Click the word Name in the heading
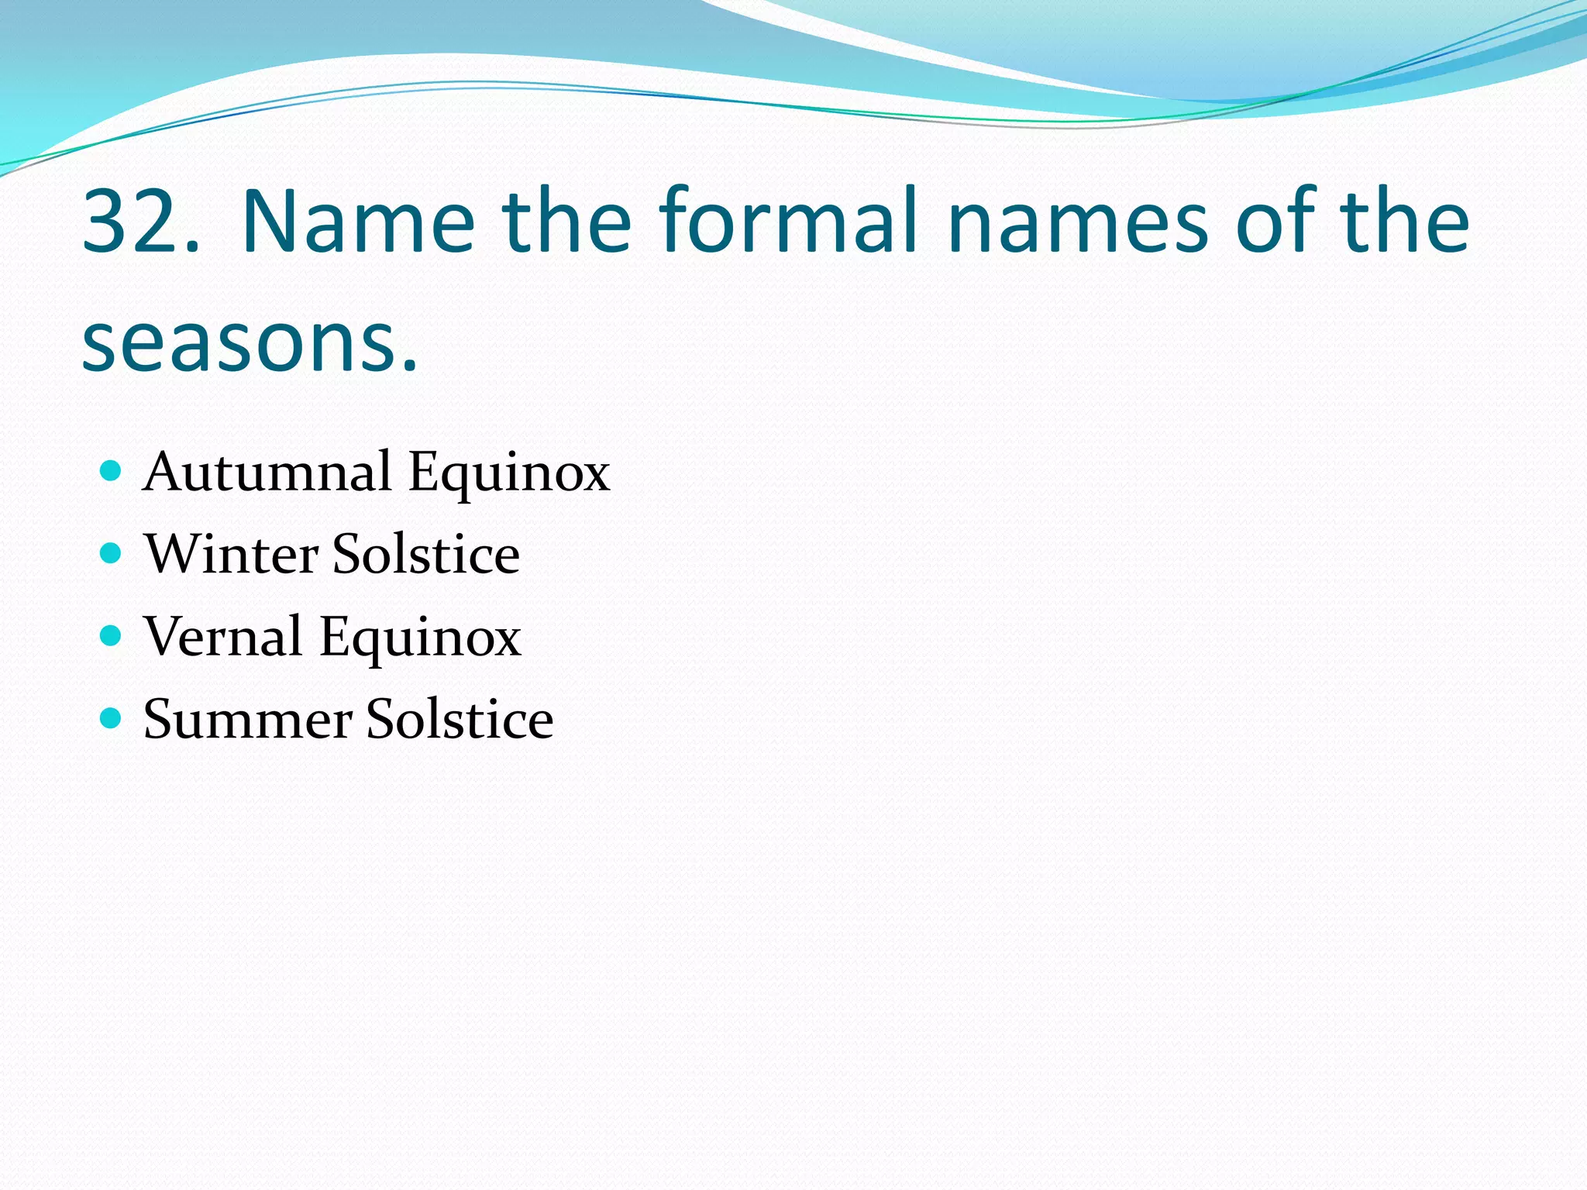point(358,222)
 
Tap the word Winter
point(231,554)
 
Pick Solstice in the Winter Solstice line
point(425,554)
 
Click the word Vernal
point(222,636)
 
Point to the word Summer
point(247,719)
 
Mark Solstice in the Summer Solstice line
point(460,719)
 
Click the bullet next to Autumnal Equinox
point(112,470)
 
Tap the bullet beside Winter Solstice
point(112,553)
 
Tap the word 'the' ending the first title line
point(1406,222)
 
